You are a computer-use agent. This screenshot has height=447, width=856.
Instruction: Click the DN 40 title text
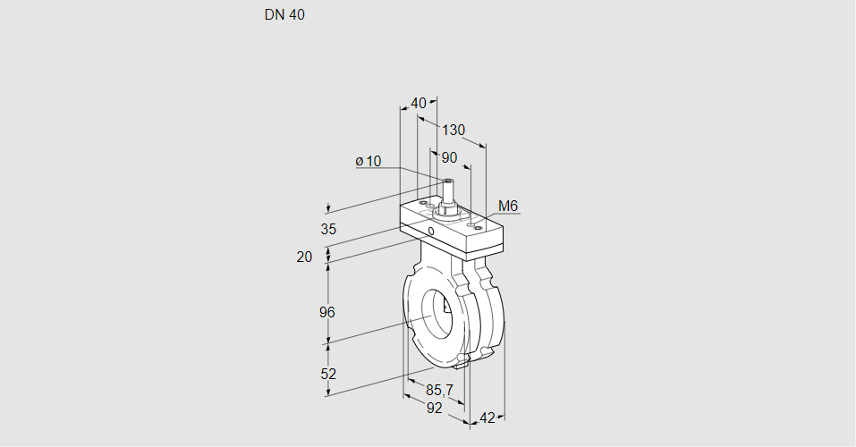point(284,15)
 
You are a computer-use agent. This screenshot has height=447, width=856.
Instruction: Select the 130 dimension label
point(454,131)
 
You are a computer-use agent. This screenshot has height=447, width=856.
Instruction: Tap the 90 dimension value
point(449,157)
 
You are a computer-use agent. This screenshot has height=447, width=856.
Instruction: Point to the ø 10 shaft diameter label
point(368,161)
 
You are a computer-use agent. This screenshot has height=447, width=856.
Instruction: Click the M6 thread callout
point(507,207)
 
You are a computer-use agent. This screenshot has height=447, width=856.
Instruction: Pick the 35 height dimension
point(328,229)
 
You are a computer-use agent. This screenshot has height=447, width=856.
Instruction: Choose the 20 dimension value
point(304,257)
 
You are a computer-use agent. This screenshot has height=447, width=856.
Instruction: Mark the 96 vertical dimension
point(327,312)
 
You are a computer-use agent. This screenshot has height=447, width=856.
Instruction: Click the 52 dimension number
point(327,374)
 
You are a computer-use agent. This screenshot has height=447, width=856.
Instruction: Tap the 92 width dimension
point(434,408)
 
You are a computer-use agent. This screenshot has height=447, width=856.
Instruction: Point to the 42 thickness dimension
point(487,417)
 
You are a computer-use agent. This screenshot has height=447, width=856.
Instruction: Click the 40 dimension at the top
point(418,103)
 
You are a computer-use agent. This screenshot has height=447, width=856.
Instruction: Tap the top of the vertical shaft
point(447,182)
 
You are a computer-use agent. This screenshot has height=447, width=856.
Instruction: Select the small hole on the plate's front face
point(431,232)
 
